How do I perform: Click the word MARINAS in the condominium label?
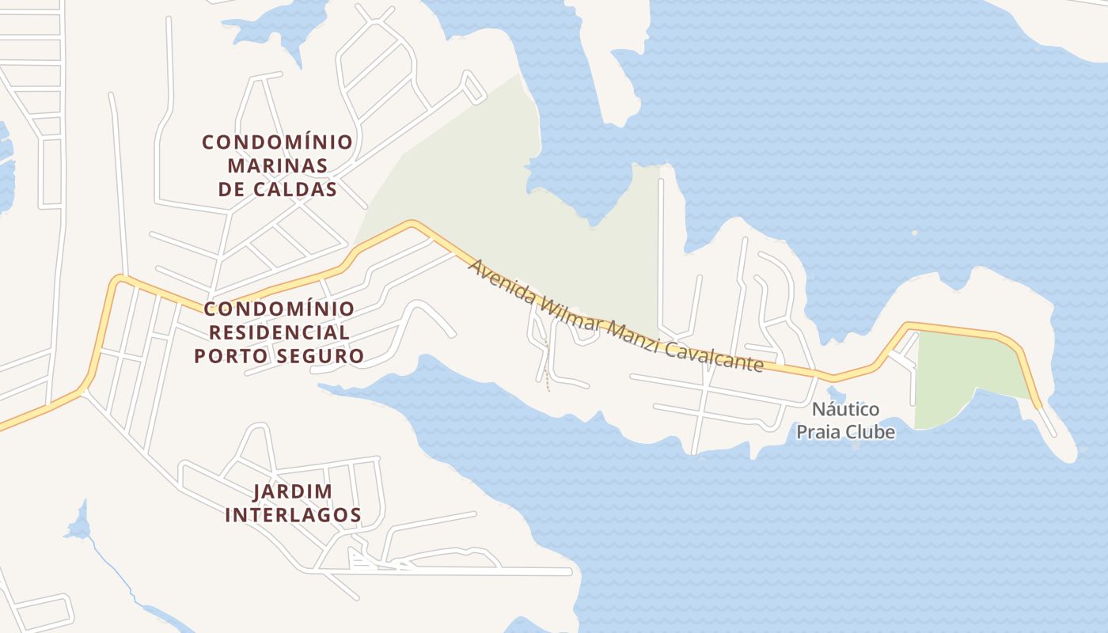click(x=277, y=166)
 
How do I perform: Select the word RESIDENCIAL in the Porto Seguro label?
click(x=278, y=332)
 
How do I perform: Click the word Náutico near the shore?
click(x=846, y=410)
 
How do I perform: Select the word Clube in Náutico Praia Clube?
click(x=870, y=433)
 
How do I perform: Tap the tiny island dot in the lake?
click(x=915, y=233)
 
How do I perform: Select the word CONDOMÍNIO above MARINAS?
click(x=277, y=142)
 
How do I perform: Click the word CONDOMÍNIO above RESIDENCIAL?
click(x=278, y=309)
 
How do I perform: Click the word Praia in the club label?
click(x=816, y=433)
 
